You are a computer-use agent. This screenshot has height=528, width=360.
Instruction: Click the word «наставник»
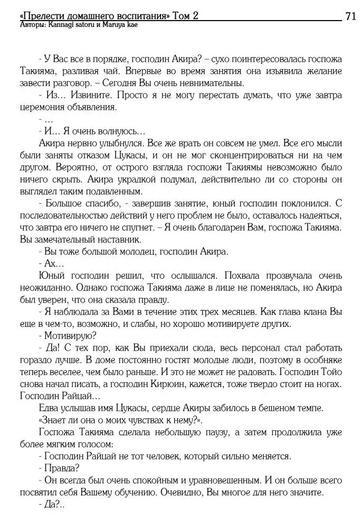click(118, 239)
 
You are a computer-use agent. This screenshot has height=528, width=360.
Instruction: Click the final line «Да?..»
click(52, 503)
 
